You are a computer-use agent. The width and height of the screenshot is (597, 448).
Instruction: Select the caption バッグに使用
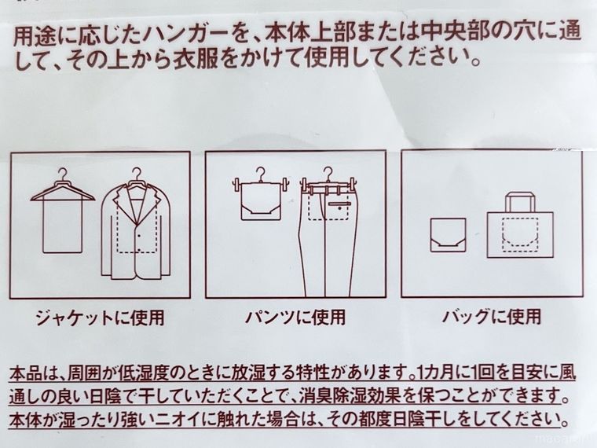[490, 318]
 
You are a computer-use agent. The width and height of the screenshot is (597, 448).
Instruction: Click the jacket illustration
[138, 232]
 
